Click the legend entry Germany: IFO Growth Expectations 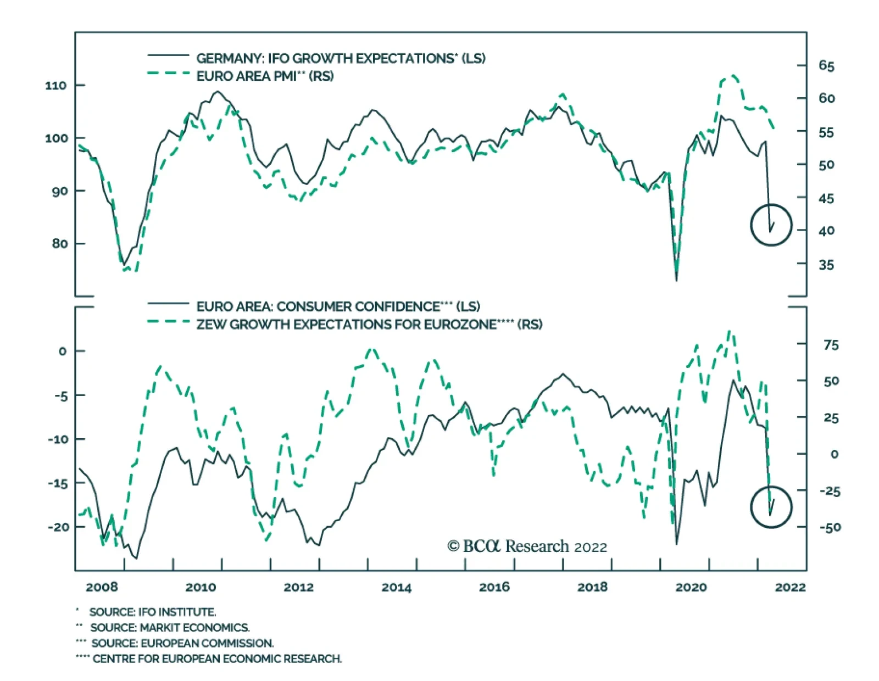click(341, 58)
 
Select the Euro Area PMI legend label click(265, 76)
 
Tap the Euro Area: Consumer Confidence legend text click(338, 306)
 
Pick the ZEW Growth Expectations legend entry click(369, 324)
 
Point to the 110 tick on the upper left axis click(55, 86)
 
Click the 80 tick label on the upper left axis click(59, 243)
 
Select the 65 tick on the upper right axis click(826, 66)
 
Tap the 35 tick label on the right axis click(826, 265)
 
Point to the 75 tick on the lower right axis click(831, 345)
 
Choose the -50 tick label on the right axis click(830, 527)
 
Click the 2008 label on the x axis click(102, 587)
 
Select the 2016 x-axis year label click(494, 587)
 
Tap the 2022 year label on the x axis click(790, 587)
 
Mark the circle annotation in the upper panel click(771, 225)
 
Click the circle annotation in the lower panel click(771, 506)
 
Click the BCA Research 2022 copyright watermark click(527, 546)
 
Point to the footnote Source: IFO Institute click(152, 612)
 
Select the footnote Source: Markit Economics click(169, 627)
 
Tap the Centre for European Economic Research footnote click(217, 658)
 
